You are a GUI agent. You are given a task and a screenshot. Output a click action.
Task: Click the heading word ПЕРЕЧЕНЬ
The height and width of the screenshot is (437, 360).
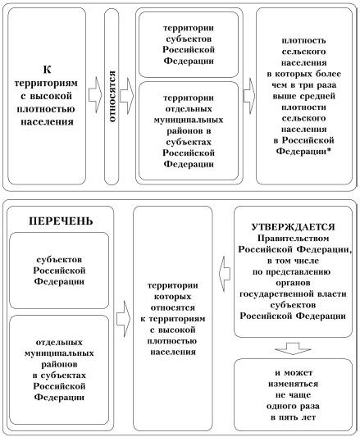[x=61, y=221]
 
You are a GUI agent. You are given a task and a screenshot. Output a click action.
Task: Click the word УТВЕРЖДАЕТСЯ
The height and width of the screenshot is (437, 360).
[x=293, y=227]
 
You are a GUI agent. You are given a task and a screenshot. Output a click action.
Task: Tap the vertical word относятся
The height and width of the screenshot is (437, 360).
[x=112, y=97]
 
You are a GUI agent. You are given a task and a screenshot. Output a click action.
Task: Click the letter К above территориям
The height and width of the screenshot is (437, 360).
[x=47, y=70]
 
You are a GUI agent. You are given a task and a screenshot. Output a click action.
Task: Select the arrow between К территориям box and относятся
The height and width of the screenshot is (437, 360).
[x=95, y=95]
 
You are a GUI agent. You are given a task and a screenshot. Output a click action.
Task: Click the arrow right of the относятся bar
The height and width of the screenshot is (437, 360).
[x=127, y=96]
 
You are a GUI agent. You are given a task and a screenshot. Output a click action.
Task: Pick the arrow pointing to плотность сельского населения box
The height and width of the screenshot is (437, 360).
[x=249, y=96]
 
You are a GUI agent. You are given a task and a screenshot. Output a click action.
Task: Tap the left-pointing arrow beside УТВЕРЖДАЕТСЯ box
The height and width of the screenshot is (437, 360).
[x=225, y=274]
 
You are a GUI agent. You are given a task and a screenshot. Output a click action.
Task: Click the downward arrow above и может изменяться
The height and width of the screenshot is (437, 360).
[x=293, y=348]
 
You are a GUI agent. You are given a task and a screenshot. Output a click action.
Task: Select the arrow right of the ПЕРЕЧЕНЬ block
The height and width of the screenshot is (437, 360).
[x=124, y=319]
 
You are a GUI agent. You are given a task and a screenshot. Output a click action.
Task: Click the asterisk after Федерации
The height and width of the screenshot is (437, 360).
[x=330, y=151]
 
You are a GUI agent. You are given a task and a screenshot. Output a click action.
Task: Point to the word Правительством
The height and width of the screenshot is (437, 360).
[x=293, y=239]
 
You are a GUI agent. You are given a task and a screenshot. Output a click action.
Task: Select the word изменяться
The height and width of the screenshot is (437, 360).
[x=293, y=384]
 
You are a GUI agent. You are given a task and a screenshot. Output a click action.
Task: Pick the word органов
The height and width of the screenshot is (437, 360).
[x=293, y=283]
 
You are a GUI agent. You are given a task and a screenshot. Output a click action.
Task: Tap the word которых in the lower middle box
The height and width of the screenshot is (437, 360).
[x=173, y=297]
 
